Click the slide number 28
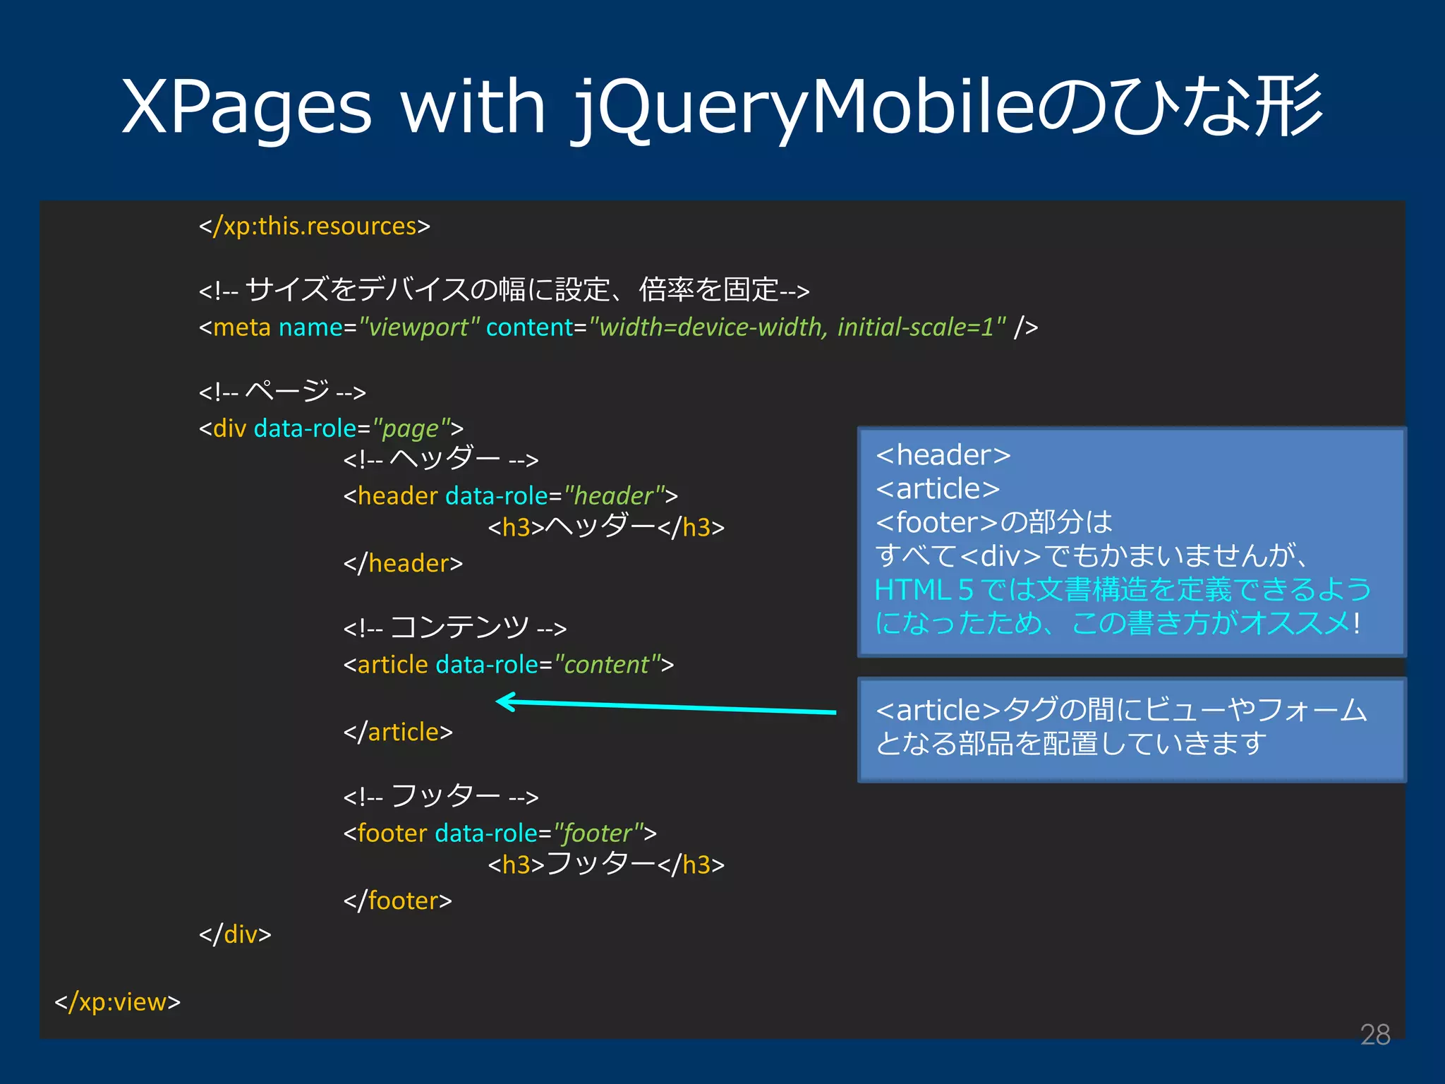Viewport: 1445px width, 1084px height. coord(1374,1035)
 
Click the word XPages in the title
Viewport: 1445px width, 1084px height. coord(246,107)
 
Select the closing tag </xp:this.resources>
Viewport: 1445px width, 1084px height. coord(314,227)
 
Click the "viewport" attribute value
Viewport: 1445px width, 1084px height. coord(420,327)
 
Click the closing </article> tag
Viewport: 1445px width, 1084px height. coord(398,733)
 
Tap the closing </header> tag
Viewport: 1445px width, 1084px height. coord(403,564)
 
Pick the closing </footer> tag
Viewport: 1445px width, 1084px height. coord(397,901)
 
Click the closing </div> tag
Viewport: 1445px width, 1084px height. coord(235,935)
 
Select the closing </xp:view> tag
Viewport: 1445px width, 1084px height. coord(118,1002)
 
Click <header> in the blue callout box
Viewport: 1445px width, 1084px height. coord(943,455)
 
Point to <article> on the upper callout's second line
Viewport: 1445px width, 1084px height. coord(938,489)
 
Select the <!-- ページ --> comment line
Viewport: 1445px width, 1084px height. coord(282,392)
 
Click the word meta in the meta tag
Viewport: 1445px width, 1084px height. coord(241,327)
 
